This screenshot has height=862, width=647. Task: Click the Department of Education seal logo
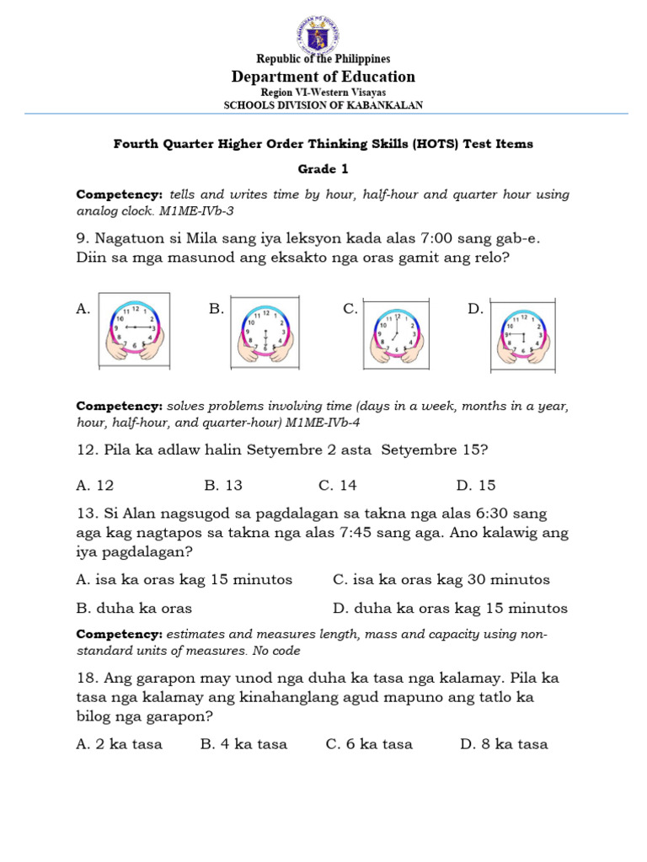(323, 33)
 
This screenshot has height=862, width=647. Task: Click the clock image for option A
(134, 330)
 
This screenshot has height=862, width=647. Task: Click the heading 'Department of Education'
(323, 77)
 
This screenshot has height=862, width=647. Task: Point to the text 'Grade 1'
(323, 168)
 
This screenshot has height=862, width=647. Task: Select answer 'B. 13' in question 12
(223, 485)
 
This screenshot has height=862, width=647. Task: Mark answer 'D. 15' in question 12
(476, 485)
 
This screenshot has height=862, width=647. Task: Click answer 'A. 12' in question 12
(94, 485)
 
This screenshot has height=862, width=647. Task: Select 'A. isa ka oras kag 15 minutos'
(184, 579)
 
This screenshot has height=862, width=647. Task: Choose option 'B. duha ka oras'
(134, 608)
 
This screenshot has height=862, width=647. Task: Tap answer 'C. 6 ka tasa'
(369, 743)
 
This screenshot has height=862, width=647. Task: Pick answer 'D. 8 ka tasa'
(504, 743)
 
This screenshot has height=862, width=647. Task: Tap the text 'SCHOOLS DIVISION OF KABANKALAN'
(323, 105)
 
